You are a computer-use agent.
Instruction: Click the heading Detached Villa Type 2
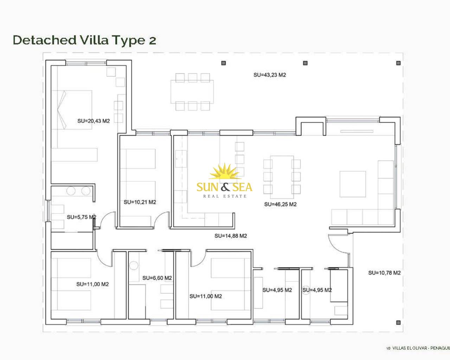pyautogui.click(x=84, y=40)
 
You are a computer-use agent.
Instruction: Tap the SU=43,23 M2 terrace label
pyautogui.click(x=270, y=75)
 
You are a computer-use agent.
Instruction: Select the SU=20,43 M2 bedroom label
pyautogui.click(x=94, y=121)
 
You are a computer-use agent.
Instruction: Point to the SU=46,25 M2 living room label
pyautogui.click(x=280, y=204)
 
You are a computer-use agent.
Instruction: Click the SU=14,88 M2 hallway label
pyautogui.click(x=231, y=236)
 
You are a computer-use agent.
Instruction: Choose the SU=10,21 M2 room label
pyautogui.click(x=140, y=202)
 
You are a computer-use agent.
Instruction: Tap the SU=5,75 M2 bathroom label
pyautogui.click(x=81, y=217)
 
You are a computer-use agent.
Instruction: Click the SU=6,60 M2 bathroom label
pyautogui.click(x=157, y=278)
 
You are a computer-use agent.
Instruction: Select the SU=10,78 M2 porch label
pyautogui.click(x=384, y=273)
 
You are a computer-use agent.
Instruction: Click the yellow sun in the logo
pyautogui.click(x=224, y=171)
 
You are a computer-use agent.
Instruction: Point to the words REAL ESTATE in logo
pyautogui.click(x=225, y=196)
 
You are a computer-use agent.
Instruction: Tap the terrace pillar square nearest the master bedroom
pyautogui.click(x=224, y=63)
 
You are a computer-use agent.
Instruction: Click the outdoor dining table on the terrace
pyautogui.click(x=192, y=92)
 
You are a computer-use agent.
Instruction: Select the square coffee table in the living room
pyautogui.click(x=353, y=184)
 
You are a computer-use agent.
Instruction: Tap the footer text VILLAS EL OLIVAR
pyautogui.click(x=410, y=348)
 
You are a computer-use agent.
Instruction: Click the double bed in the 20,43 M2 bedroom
pyautogui.click(x=75, y=110)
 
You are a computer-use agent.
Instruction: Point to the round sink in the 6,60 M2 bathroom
pyautogui.click(x=134, y=265)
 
